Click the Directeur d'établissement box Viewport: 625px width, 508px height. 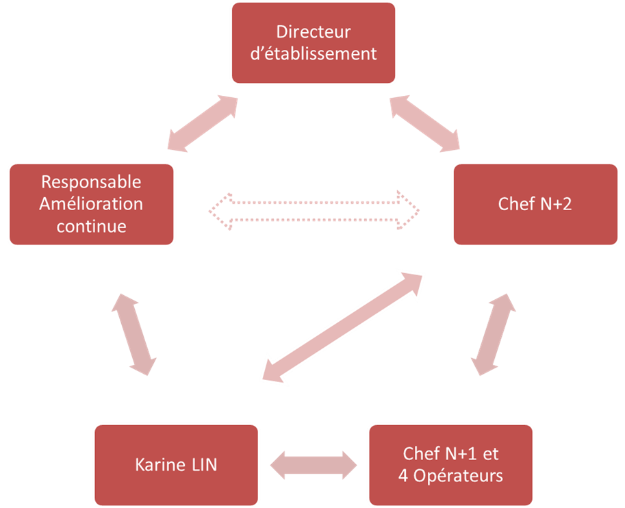[x=314, y=43]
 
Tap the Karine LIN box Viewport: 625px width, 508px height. [x=177, y=465]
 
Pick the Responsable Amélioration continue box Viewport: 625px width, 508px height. [x=92, y=204]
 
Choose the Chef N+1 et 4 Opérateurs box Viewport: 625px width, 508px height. [x=450, y=465]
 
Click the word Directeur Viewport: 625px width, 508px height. [x=314, y=32]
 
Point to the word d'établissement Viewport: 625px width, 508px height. [x=314, y=54]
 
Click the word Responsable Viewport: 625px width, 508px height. [x=92, y=182]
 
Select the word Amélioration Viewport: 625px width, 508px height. [x=92, y=204]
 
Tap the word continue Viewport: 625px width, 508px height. [x=92, y=226]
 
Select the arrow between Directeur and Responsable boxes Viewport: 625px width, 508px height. [x=202, y=124]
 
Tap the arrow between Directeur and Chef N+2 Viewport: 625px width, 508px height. [x=425, y=124]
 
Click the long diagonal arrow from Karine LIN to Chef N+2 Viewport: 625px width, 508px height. [x=342, y=327]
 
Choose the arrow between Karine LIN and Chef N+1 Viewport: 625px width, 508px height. [x=314, y=466]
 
